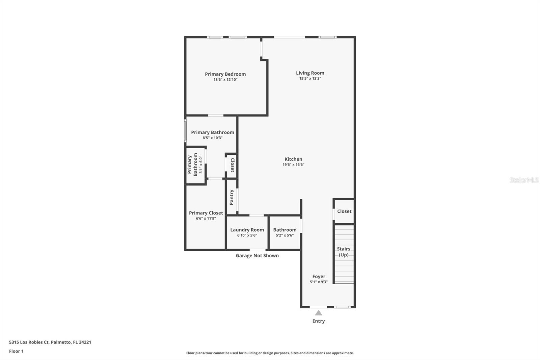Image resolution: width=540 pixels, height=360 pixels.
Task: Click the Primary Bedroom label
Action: pos(225,74)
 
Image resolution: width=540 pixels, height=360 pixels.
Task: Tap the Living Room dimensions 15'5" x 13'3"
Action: pos(310,78)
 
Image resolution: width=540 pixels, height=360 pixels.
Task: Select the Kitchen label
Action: pos(293,159)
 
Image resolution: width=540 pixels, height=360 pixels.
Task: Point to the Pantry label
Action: pos(232,197)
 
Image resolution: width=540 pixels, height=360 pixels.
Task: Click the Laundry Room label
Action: pos(247,230)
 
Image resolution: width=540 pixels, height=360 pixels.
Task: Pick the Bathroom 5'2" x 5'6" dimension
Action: pos(285,235)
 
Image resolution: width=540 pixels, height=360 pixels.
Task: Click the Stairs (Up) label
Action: pos(344,252)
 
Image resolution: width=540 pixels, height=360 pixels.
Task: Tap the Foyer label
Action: pos(319,276)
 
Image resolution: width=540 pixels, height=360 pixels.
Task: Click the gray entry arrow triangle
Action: pos(319,313)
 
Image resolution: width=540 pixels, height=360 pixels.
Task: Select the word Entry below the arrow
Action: pos(319,321)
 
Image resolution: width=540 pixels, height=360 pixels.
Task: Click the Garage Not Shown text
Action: pos(257,256)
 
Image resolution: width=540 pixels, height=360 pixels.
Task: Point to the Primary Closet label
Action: pos(206,213)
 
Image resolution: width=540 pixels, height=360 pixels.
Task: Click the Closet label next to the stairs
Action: pos(344,211)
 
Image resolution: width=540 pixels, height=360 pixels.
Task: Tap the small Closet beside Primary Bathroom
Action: pos(232,165)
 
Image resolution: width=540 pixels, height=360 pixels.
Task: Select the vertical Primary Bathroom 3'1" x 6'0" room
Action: pos(195,165)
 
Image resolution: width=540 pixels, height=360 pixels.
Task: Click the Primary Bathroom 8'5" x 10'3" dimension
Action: pos(212,138)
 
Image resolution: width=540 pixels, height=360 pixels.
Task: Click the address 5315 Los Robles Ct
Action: pos(50,342)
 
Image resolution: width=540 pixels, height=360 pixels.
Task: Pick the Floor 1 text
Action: pos(16,351)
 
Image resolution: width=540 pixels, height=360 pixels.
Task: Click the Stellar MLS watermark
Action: pos(524,180)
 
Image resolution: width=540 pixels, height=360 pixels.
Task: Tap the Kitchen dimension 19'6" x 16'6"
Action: pos(293,165)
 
